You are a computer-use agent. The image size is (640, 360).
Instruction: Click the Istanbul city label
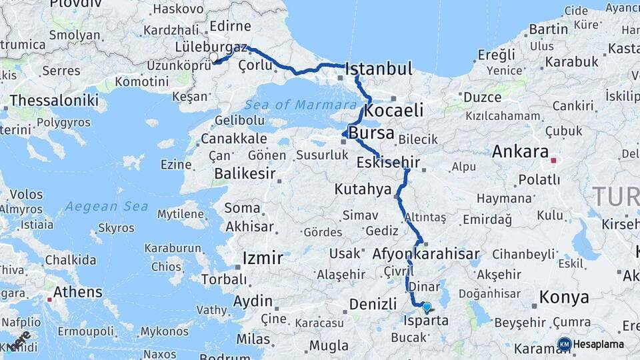[379, 69]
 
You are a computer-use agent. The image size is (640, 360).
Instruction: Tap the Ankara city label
[520, 151]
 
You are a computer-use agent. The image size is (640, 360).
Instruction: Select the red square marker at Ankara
[553, 161]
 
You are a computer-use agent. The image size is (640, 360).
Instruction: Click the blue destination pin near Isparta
[427, 307]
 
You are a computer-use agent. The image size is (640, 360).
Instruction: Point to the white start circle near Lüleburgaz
[214, 58]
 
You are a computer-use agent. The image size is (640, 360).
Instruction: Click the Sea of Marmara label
[300, 105]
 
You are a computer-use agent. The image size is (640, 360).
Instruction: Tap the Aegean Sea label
[107, 206]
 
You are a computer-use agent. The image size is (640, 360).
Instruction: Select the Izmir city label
[263, 258]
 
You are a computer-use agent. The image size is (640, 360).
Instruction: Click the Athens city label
[78, 292]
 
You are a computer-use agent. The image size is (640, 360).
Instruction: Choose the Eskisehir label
[388, 163]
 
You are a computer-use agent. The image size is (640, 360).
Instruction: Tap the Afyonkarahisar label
[426, 254]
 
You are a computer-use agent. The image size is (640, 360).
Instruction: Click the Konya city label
[563, 297]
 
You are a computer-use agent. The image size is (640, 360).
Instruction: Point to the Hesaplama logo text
[599, 345]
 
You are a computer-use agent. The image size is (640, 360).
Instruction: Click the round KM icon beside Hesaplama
[564, 345]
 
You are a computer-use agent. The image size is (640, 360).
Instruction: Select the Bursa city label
[371, 132]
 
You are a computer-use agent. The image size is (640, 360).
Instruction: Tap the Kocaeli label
[394, 110]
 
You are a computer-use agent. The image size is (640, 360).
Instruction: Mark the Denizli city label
[373, 304]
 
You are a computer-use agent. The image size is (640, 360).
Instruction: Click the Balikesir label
[245, 173]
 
